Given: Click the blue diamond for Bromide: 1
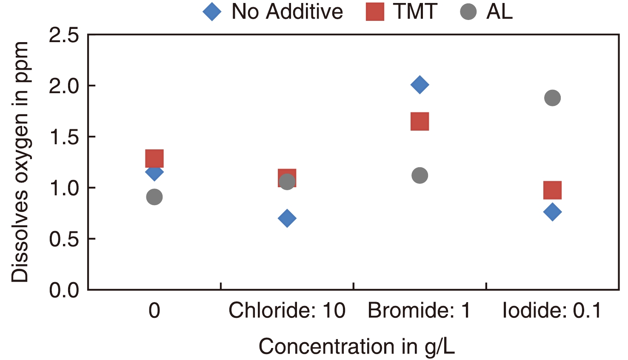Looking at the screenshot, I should [x=420, y=85].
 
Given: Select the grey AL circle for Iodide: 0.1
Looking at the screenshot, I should [x=552, y=98].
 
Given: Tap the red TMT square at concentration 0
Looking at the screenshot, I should [x=154, y=158].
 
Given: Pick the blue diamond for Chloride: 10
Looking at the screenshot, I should [x=287, y=218].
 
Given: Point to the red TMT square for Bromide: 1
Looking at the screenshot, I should [x=420, y=121].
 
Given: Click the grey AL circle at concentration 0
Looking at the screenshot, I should [x=154, y=197].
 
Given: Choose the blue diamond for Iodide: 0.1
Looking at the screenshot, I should [x=552, y=211].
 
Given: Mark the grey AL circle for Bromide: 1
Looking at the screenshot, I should [x=420, y=175].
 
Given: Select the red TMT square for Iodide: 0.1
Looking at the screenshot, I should [x=552, y=190].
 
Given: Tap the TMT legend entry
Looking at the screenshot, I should [x=402, y=11].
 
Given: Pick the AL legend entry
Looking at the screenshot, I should [x=487, y=11].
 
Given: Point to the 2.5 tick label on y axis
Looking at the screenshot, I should [x=64, y=35].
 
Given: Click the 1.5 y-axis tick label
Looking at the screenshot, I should [x=64, y=137].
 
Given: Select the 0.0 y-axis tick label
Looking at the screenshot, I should [x=64, y=290].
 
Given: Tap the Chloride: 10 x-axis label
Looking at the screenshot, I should [x=287, y=311].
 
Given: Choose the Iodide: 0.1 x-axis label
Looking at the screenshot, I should [x=552, y=311].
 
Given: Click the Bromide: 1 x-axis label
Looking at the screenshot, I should [x=420, y=311].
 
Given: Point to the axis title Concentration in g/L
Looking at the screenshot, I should [x=357, y=346].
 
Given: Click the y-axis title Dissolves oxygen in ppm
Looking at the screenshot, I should [x=20, y=162].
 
